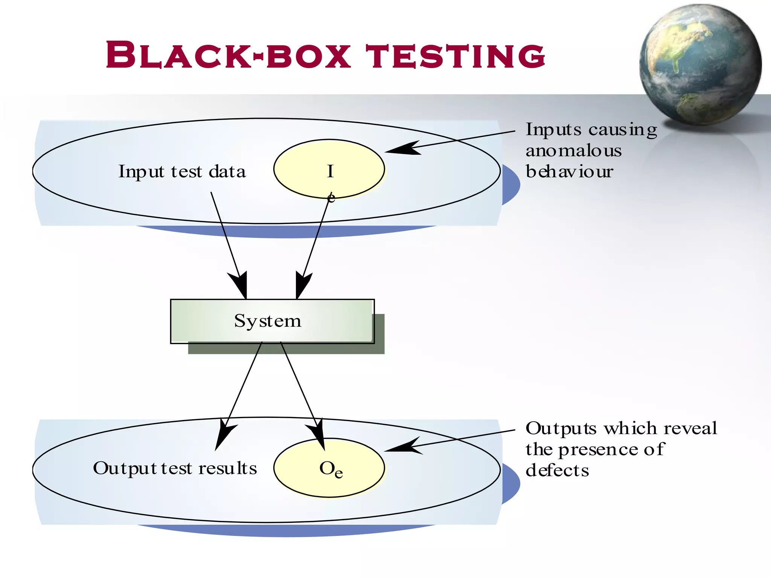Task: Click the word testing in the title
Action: pyautogui.click(x=456, y=56)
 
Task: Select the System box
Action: pyautogui.click(x=272, y=321)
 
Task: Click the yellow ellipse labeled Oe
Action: pyautogui.click(x=329, y=468)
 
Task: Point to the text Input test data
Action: pyautogui.click(x=182, y=172)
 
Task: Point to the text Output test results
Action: pyautogui.click(x=175, y=468)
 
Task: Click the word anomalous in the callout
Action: pyautogui.click(x=573, y=151)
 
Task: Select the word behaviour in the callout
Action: pyautogui.click(x=569, y=172)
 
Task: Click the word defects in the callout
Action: pyautogui.click(x=557, y=470)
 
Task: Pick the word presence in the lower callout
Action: pyautogui.click(x=599, y=449)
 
